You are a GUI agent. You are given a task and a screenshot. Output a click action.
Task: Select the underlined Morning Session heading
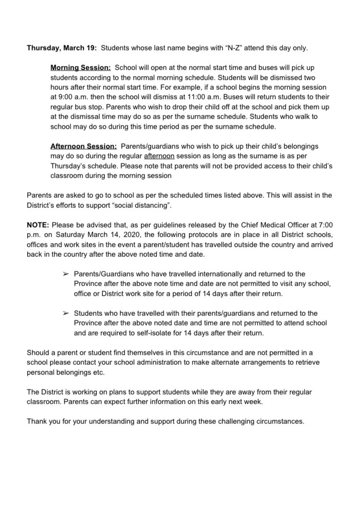click(x=81, y=68)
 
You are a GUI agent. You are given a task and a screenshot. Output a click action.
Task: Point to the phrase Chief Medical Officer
click(x=257, y=225)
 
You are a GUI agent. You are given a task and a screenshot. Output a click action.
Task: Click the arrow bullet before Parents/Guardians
click(x=66, y=274)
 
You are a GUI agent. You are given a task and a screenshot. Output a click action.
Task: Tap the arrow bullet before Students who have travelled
click(x=66, y=313)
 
